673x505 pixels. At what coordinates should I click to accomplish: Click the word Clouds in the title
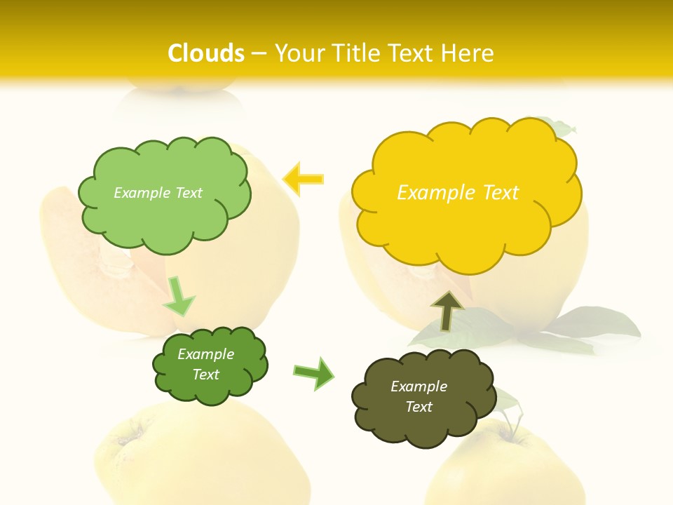206,53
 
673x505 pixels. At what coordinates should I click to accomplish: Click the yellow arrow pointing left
303,180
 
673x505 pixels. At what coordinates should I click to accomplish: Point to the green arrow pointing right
313,372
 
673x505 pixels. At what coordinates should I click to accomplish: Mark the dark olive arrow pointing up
447,311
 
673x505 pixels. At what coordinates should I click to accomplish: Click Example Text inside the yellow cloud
458,193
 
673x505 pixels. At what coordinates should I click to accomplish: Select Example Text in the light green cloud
158,193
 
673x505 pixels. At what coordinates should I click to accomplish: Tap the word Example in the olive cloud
419,386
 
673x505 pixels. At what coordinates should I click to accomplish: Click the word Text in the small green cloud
206,375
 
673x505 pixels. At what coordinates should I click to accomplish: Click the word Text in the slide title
414,53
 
